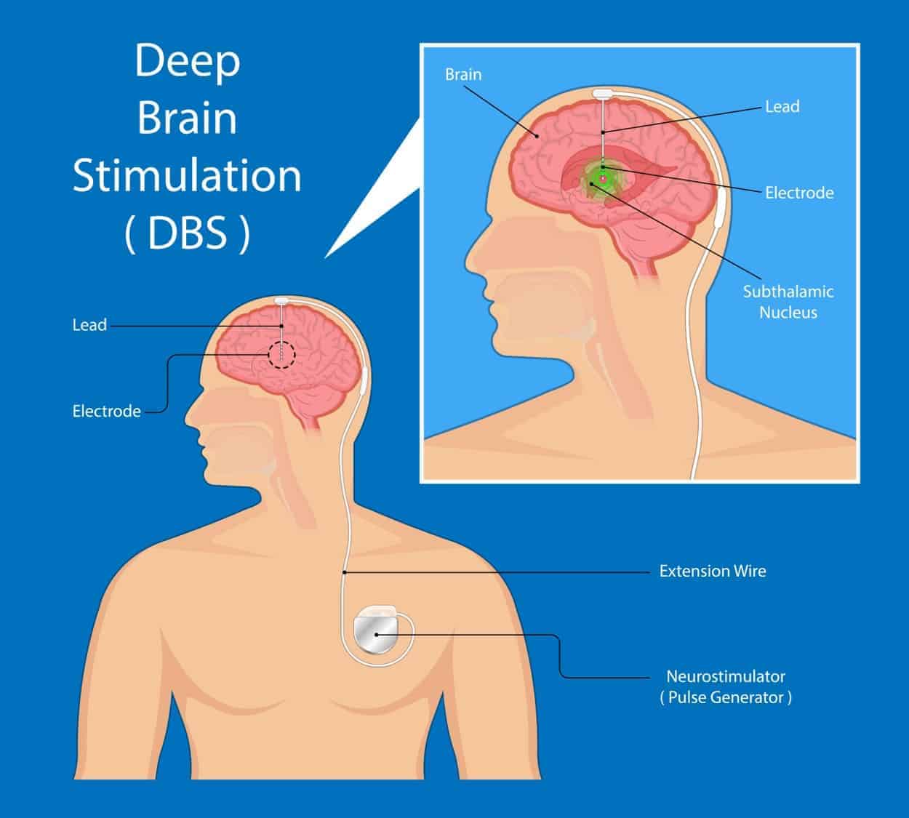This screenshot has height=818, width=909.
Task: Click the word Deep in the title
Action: coord(187,63)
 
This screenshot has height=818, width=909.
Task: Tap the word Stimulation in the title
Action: coord(187,176)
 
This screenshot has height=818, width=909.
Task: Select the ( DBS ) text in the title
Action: coord(187,234)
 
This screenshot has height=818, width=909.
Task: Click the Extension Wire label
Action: coord(712,571)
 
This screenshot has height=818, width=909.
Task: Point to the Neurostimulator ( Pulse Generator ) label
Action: coord(725,686)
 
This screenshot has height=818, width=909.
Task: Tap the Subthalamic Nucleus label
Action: coord(788,302)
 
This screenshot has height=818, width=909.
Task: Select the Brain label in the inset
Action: coord(463,74)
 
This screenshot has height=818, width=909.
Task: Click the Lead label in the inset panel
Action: coord(782,106)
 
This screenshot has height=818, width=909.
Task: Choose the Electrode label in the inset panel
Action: coord(798,193)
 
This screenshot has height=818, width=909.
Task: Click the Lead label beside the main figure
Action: coord(89,325)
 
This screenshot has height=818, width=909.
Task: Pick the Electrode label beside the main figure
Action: coord(106,411)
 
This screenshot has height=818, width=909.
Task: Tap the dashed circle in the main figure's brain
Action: coord(281,355)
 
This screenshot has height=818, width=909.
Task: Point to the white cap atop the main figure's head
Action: coord(282,300)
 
